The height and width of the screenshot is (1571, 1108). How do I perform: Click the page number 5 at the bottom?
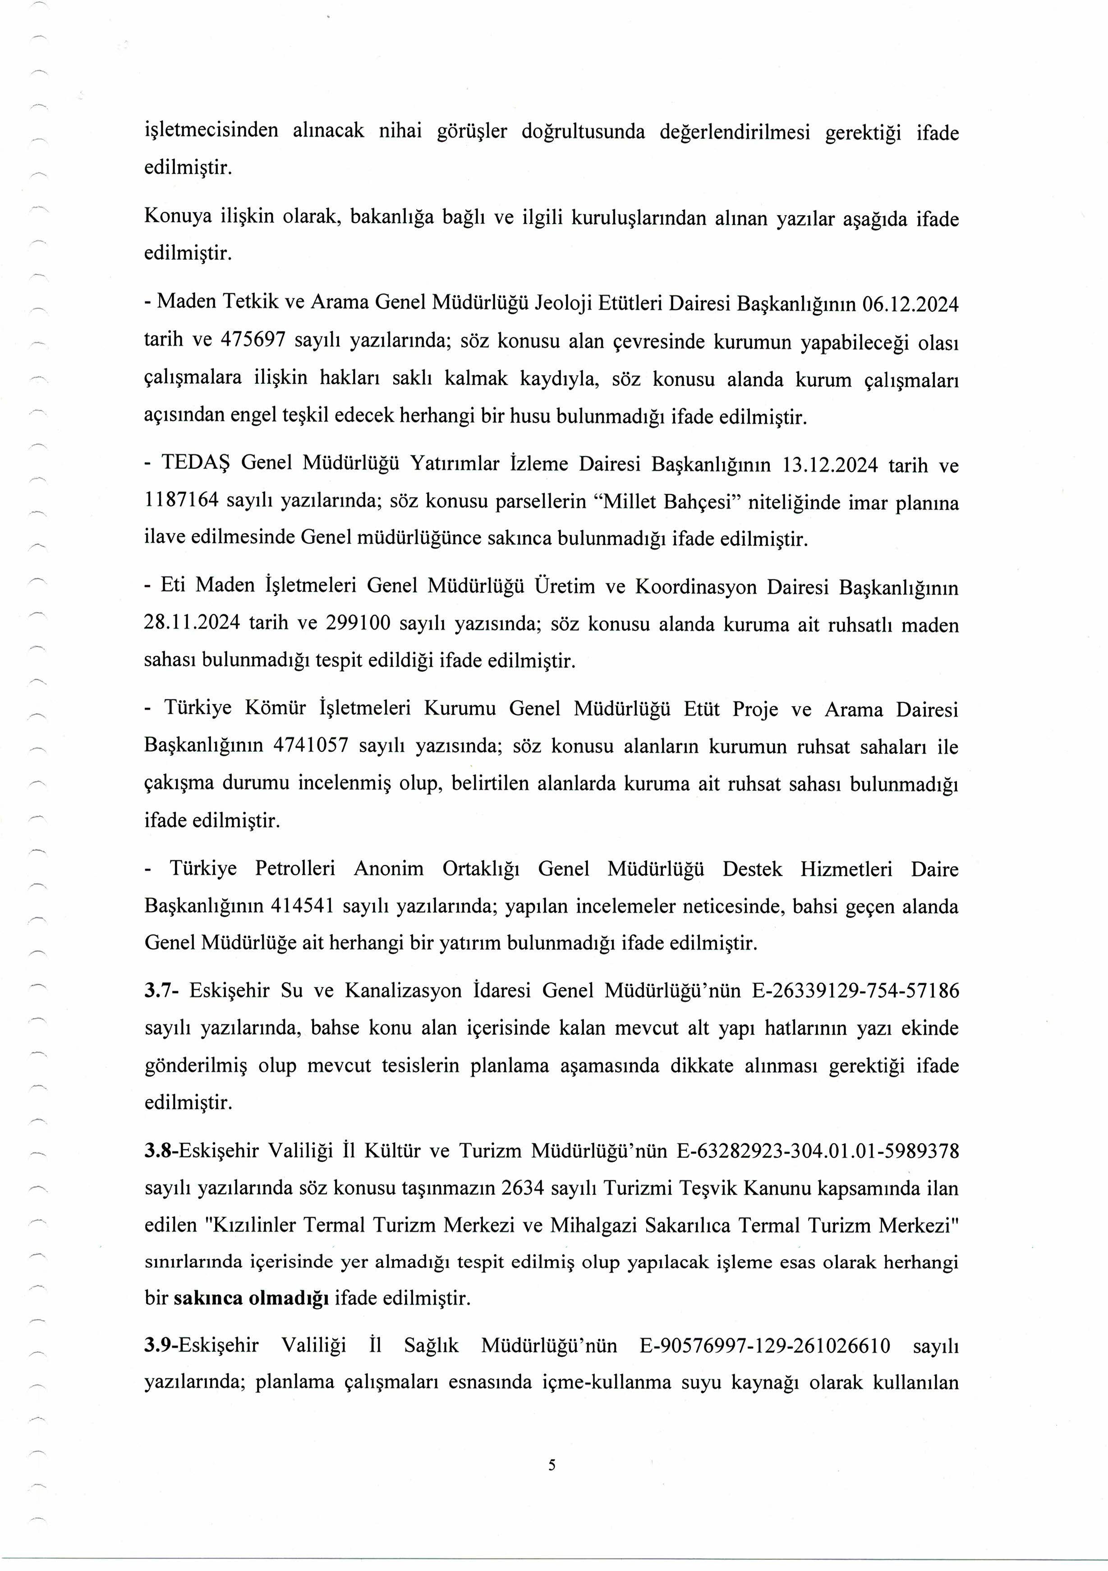click(x=552, y=1465)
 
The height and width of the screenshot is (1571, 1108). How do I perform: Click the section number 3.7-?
click(x=162, y=990)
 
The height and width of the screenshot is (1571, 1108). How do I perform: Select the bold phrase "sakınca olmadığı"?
click(x=251, y=1298)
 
